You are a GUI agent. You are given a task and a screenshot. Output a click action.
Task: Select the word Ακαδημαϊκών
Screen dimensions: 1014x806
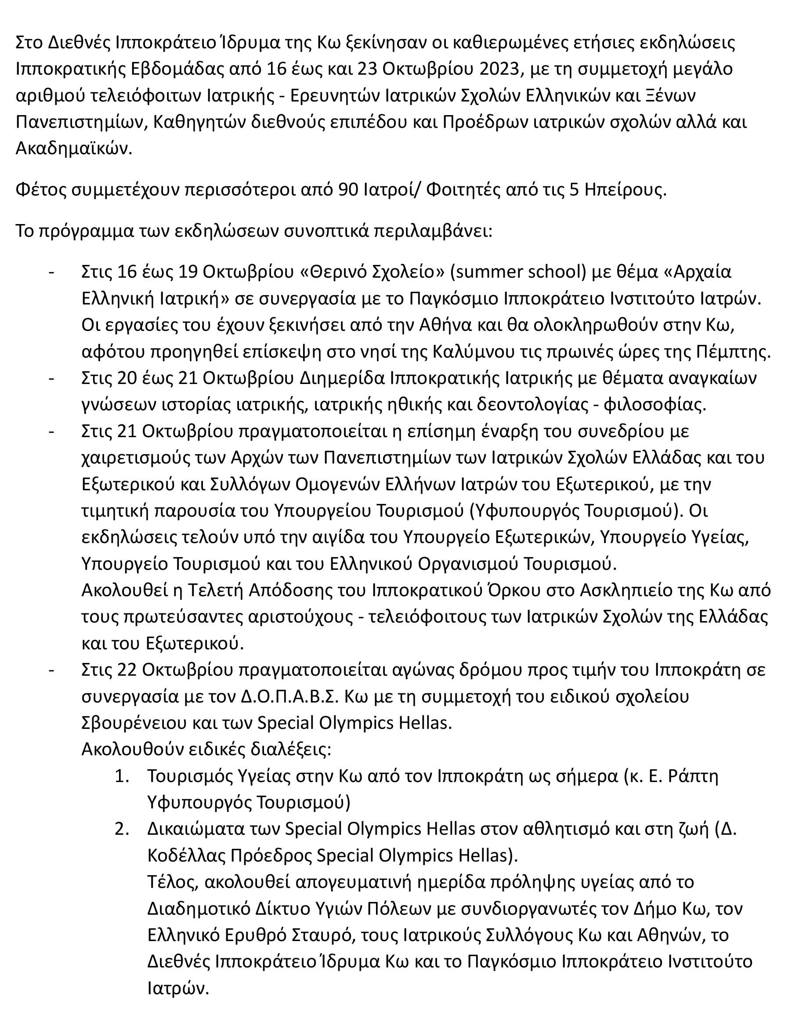click(x=74, y=148)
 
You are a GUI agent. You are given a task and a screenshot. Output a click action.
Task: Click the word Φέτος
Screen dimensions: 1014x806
click(x=40, y=189)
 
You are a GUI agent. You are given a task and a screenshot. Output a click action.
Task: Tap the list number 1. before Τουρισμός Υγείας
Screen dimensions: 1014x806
click(x=121, y=776)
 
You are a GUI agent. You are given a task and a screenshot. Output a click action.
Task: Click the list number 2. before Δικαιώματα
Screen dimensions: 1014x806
click(x=121, y=829)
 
